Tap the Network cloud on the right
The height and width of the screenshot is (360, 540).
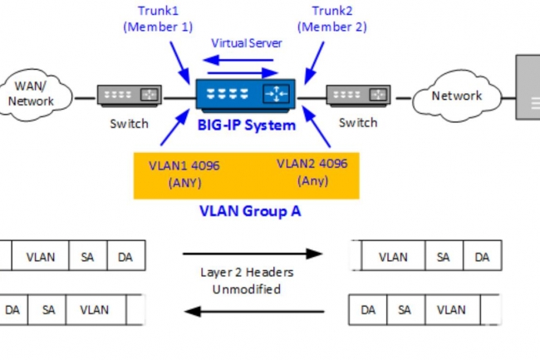pos(456,96)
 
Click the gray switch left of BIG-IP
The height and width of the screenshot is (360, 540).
pos(130,96)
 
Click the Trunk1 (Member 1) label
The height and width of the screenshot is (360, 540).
pos(159,18)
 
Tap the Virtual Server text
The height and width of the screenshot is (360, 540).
pos(247,42)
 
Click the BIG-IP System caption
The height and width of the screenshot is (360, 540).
pos(247,126)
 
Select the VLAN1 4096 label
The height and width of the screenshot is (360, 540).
pos(184,173)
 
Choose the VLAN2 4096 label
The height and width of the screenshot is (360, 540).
pos(312,171)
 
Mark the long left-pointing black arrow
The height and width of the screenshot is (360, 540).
pos(254,312)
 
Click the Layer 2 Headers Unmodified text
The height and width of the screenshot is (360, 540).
pos(247,281)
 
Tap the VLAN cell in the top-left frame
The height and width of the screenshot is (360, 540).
pos(40,257)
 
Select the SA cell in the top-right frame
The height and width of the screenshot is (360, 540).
pos(444,257)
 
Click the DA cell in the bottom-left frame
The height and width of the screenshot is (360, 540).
pos(12,310)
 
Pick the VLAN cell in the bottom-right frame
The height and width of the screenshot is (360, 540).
pos(451,310)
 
